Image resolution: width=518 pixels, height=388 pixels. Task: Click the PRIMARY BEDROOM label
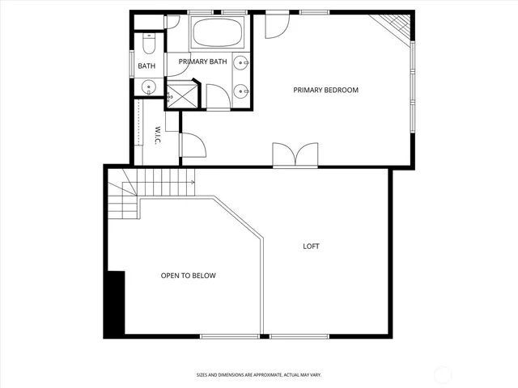pyautogui.click(x=325, y=90)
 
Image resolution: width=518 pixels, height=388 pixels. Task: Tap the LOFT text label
pyautogui.click(x=311, y=247)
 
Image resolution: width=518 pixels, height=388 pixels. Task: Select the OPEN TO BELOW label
pyautogui.click(x=188, y=276)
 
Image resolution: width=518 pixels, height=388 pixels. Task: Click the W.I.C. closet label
pyautogui.click(x=159, y=134)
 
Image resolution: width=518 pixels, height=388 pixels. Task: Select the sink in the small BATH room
pyautogui.click(x=148, y=87)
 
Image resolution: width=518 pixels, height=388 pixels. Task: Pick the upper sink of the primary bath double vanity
pyautogui.click(x=242, y=63)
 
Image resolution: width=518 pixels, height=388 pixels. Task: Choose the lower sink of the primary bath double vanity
pyautogui.click(x=242, y=91)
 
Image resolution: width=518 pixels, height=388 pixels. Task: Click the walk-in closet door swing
pyautogui.click(x=193, y=145)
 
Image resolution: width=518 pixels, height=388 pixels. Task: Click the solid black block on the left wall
pyautogui.click(x=114, y=303)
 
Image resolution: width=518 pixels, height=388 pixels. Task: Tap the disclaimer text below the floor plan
pyautogui.click(x=259, y=374)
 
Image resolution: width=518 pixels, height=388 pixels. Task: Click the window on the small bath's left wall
pyautogui.click(x=131, y=65)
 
